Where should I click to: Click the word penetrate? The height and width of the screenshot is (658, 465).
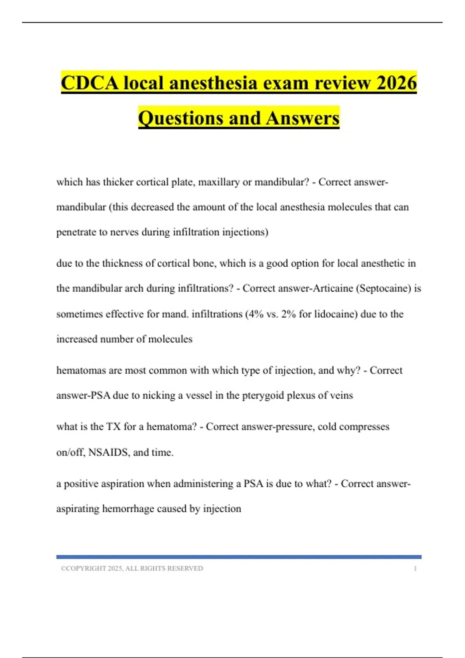pos(76,232)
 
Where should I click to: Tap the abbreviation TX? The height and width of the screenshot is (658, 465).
pos(113,427)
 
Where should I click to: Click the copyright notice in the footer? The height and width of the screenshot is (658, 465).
pos(132,569)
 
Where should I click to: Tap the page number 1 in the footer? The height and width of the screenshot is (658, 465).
pos(415,569)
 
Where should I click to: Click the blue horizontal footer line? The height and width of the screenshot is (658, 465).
pos(239,557)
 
